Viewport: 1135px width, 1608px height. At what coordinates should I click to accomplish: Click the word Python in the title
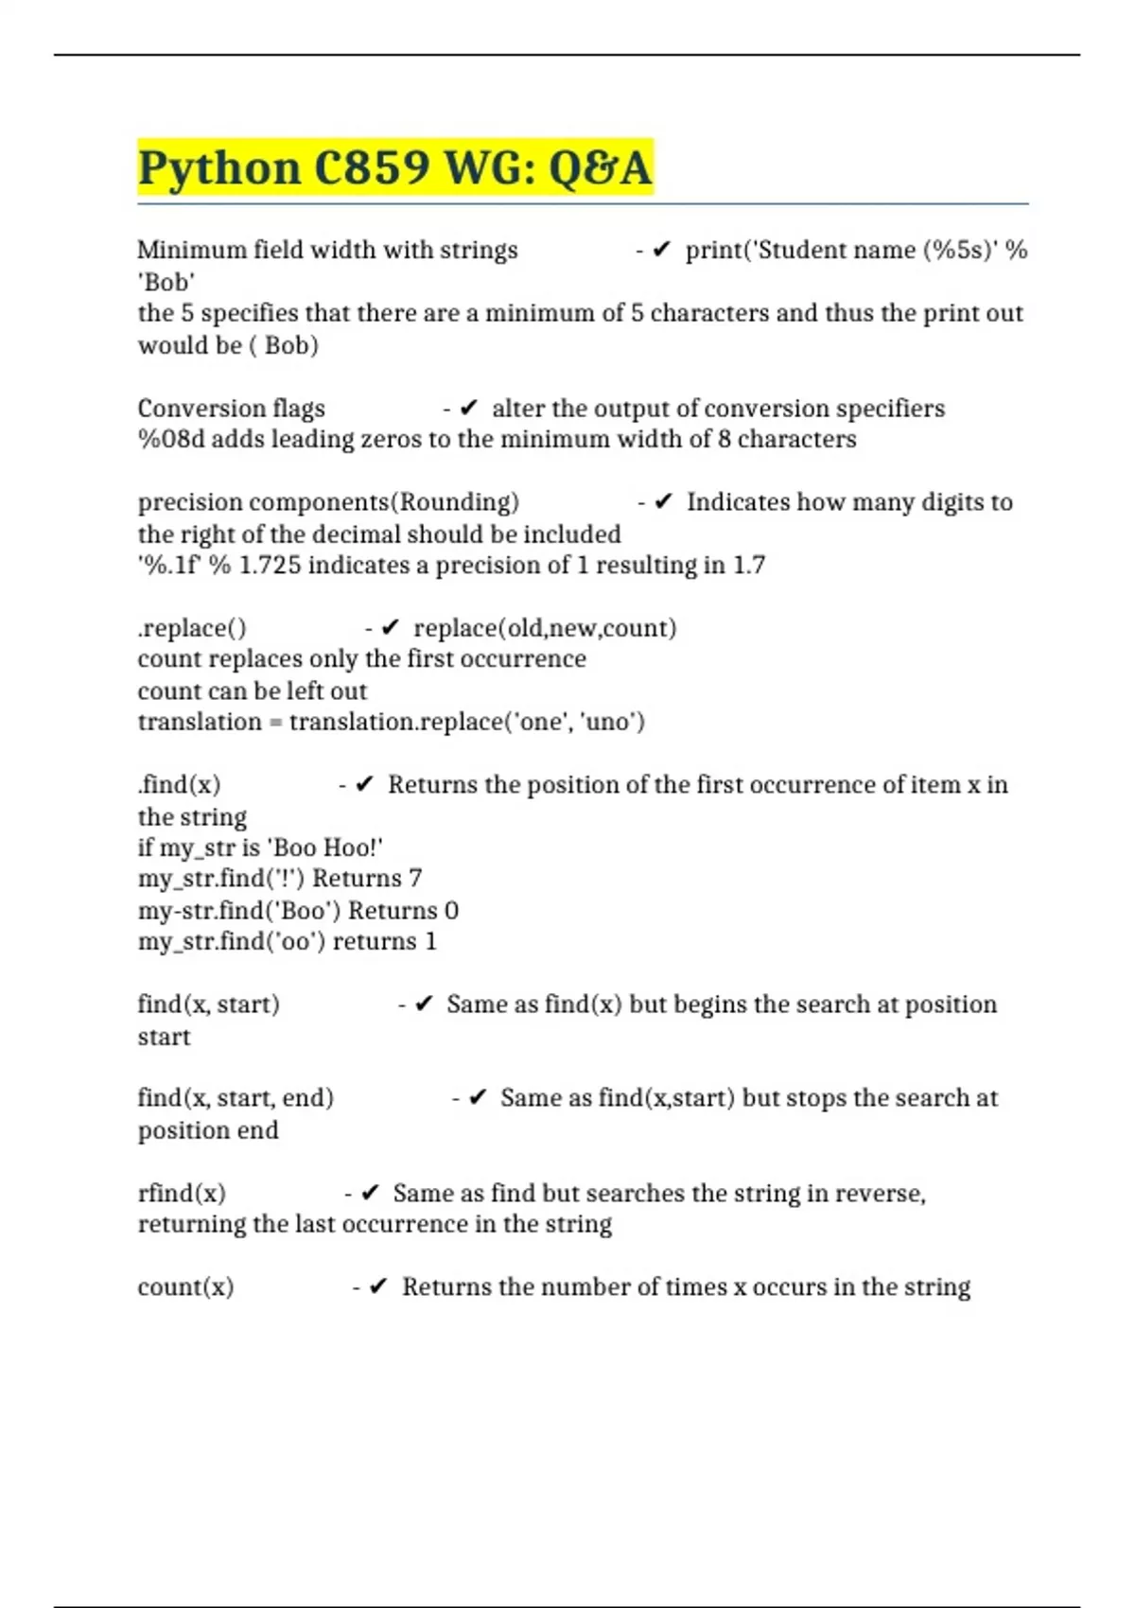coord(219,168)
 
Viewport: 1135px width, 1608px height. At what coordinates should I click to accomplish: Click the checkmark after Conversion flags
coord(469,408)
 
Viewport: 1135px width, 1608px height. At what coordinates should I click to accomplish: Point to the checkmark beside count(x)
coord(378,1286)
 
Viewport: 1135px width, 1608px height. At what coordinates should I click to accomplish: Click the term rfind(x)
coord(182,1193)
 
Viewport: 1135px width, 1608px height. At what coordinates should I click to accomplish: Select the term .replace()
coord(192,628)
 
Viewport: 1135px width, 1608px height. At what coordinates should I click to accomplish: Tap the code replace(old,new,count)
coord(545,628)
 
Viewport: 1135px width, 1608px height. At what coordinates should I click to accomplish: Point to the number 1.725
coord(270,565)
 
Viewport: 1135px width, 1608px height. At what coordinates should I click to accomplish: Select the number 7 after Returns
coord(414,879)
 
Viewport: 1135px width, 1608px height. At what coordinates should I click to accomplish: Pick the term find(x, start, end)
coord(236,1098)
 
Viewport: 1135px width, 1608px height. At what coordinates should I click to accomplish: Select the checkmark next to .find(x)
coord(365,785)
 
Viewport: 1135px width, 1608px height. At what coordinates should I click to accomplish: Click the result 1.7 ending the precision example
coord(749,565)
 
